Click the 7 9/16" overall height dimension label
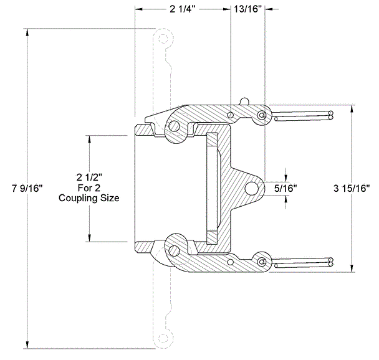click(27, 188)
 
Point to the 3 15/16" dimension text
click(353, 188)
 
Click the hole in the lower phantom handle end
click(164, 338)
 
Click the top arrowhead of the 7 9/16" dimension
click(27, 31)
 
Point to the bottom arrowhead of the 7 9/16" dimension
click(27, 345)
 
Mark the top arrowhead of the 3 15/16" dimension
click(353, 108)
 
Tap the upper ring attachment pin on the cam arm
click(262, 115)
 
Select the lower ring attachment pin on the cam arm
click(262, 261)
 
